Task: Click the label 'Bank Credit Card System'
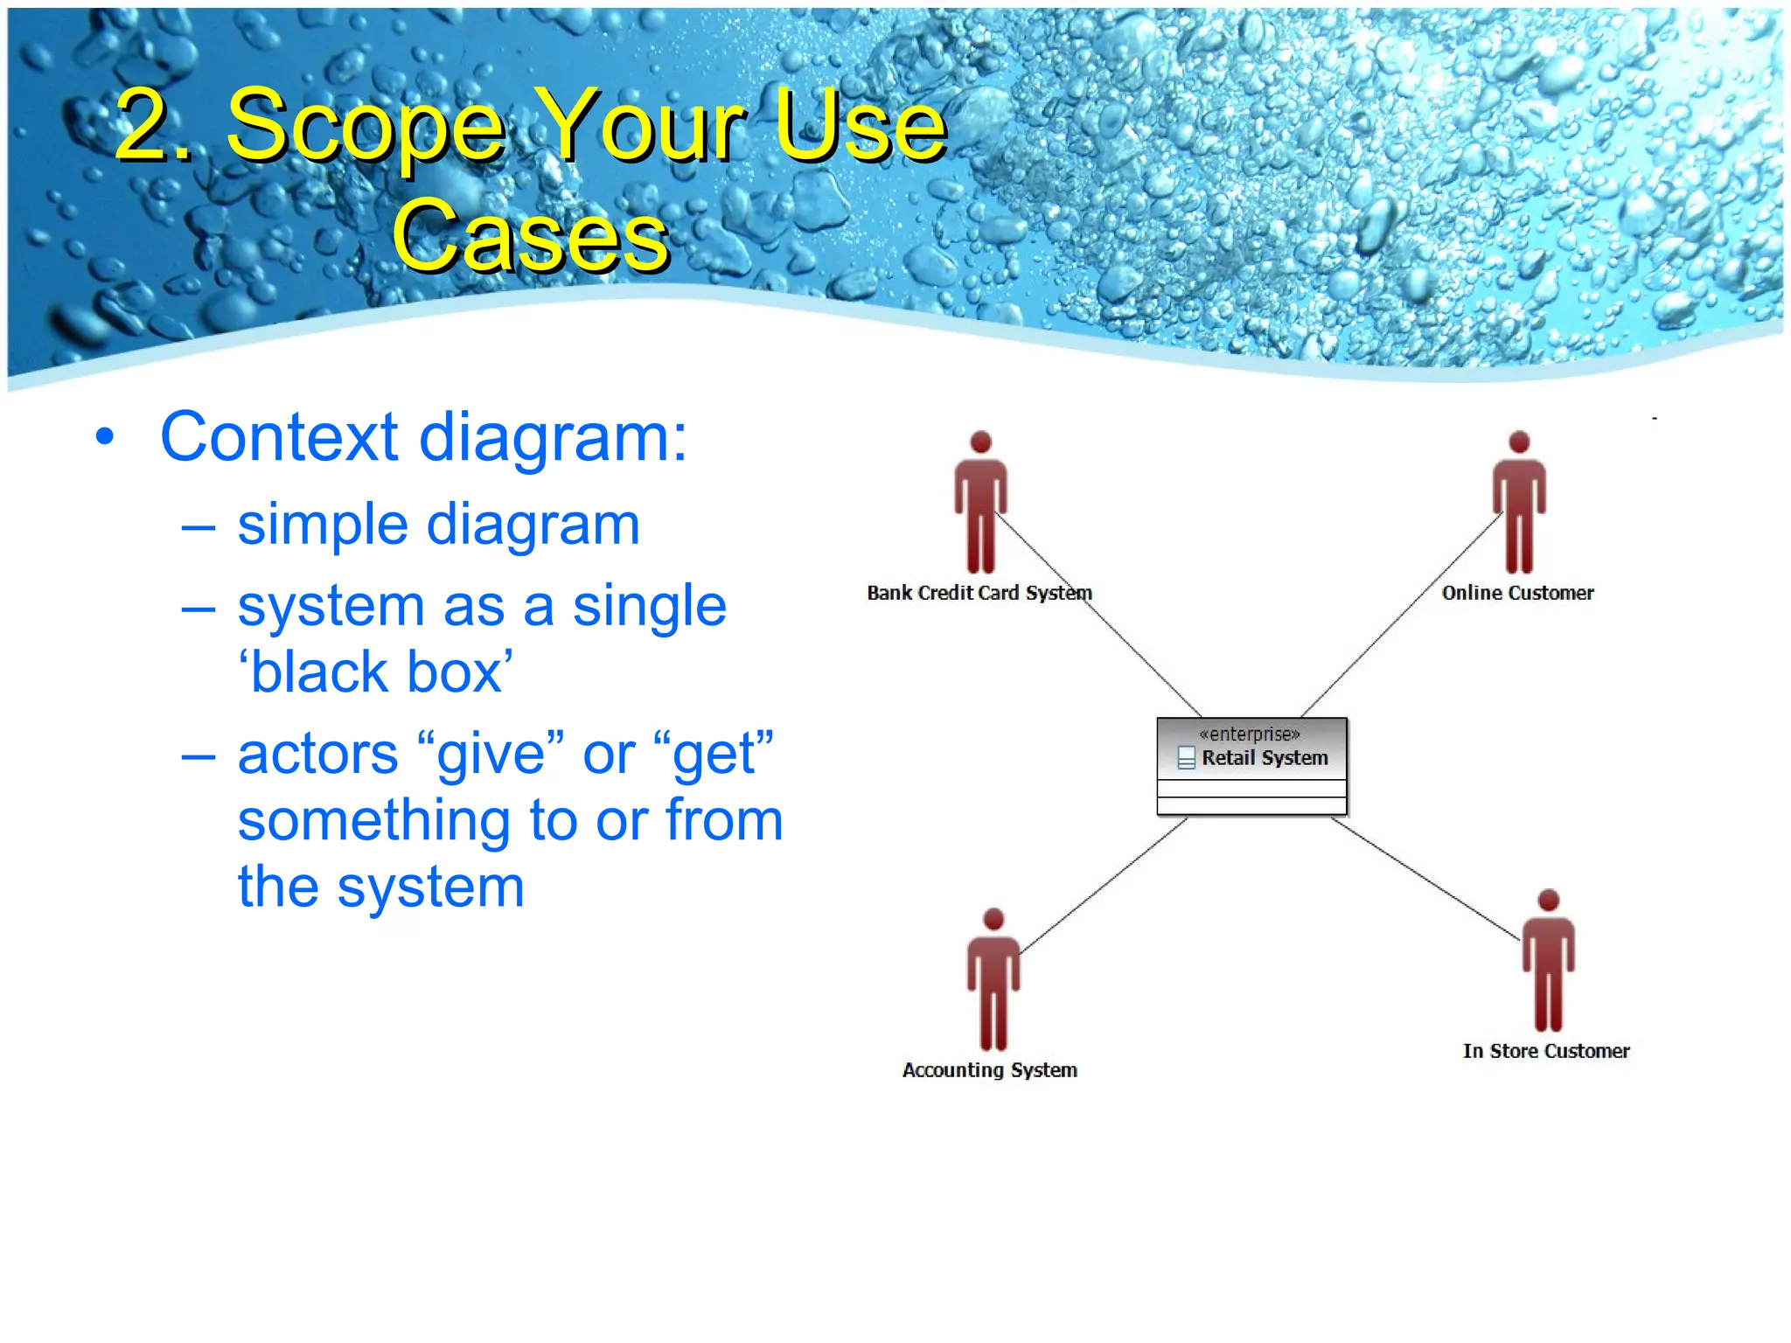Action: click(979, 593)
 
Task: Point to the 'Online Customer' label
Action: click(1517, 593)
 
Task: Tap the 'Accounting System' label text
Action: click(989, 1070)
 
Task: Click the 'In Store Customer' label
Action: click(1545, 1051)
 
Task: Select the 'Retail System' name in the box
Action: click(1264, 758)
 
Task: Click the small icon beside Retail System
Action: click(1186, 758)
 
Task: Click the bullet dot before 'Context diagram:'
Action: click(105, 437)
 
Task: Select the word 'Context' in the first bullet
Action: click(279, 437)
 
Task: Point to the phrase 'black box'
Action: click(376, 672)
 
